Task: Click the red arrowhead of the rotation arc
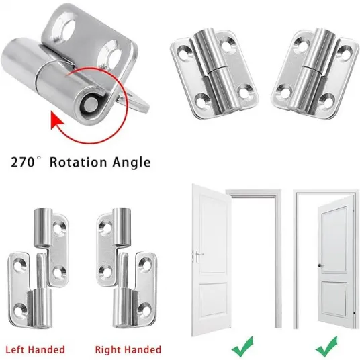coord(56,120)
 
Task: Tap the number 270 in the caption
coord(23,162)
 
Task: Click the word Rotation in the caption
coord(79,162)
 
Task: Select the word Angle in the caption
coord(132,163)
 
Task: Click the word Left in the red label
coord(15,349)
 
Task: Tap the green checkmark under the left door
coord(242,346)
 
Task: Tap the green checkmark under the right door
coord(326,346)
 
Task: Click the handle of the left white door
coord(197,256)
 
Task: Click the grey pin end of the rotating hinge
coord(89,105)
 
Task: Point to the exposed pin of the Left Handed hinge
coord(42,271)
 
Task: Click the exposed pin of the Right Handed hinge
coord(124,270)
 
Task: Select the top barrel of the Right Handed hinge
coord(122,227)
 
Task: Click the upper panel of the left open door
coord(213,234)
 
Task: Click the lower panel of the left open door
coord(214,300)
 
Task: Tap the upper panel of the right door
coord(334,240)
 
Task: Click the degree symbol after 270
coord(40,159)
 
